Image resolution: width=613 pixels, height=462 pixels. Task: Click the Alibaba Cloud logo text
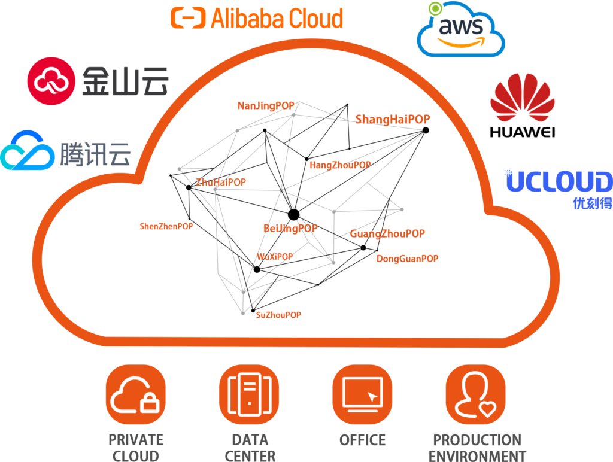tap(277, 18)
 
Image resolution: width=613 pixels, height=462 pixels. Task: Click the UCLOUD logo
tap(559, 182)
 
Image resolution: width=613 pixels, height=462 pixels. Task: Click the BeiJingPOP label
tap(290, 229)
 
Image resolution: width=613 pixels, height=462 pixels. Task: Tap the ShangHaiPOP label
tap(393, 120)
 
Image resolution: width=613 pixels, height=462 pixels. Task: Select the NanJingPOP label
tap(266, 106)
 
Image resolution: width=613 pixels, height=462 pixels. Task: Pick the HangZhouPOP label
tap(340, 165)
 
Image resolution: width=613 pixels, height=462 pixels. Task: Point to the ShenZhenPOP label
tap(166, 226)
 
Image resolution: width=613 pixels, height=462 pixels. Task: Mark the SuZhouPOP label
tap(278, 315)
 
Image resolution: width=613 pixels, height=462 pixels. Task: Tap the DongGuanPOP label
tap(407, 259)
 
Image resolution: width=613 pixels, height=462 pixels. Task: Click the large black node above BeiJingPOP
tap(293, 214)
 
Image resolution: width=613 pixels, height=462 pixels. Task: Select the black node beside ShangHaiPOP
tap(426, 130)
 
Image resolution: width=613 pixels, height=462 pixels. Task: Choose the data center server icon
tap(248, 394)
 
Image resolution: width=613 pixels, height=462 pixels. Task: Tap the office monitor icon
tap(362, 394)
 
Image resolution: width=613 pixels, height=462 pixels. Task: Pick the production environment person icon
tap(476, 394)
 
